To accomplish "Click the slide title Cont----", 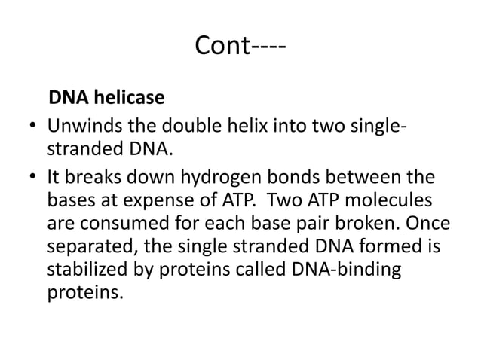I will (x=240, y=47).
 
